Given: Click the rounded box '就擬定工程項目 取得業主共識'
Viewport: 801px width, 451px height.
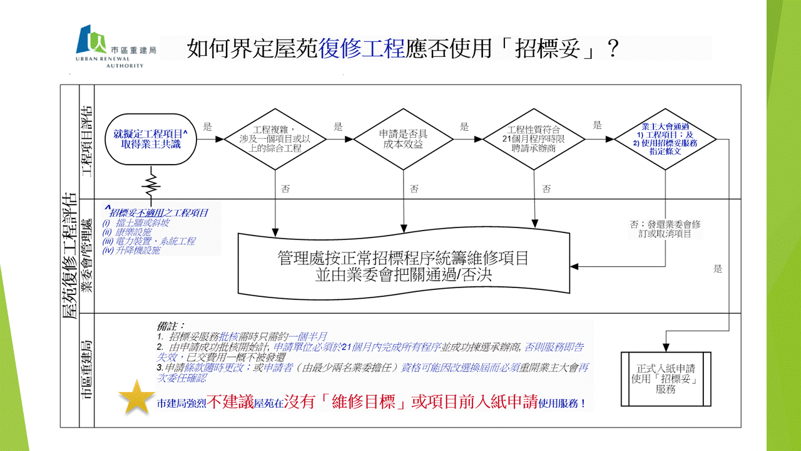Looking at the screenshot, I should [x=151, y=139].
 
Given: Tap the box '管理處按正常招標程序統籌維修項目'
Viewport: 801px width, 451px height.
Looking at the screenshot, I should [x=404, y=266].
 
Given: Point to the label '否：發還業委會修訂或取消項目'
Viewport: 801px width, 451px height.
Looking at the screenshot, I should [x=665, y=228].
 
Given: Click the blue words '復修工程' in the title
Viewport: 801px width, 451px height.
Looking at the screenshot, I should [x=362, y=48].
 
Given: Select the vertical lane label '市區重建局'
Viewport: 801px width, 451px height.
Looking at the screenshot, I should [x=86, y=370].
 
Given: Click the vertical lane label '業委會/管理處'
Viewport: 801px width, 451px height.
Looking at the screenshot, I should [x=86, y=256].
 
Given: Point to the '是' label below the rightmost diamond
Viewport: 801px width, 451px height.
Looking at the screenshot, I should [x=718, y=269].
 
